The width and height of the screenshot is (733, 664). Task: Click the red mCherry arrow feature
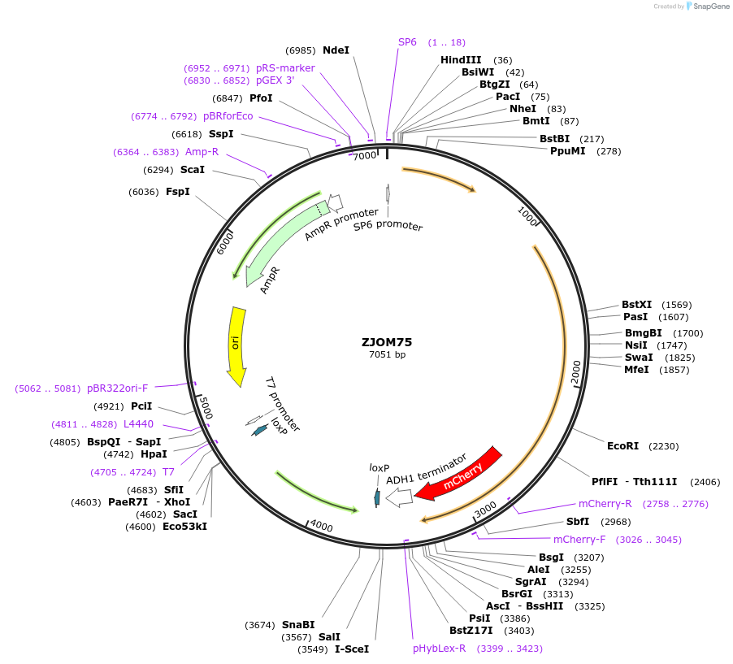pyautogui.click(x=460, y=473)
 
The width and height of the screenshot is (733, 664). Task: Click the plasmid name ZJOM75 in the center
pyautogui.click(x=388, y=341)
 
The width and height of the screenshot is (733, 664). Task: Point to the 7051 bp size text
pyautogui.click(x=387, y=354)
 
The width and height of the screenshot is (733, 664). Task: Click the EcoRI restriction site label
pyautogui.click(x=622, y=446)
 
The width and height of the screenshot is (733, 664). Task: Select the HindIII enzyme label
pyautogui.click(x=461, y=60)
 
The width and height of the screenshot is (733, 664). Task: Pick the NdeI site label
pyautogui.click(x=336, y=50)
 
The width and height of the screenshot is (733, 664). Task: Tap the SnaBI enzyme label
pyautogui.click(x=298, y=625)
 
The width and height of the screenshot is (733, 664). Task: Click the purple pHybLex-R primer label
pyautogui.click(x=439, y=649)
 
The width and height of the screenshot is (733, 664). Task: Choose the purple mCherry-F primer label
pyautogui.click(x=579, y=540)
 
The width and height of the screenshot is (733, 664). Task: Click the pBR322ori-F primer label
pyautogui.click(x=117, y=388)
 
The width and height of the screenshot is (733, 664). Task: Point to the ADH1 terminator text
pyautogui.click(x=427, y=469)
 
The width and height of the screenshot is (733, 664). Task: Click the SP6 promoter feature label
pyautogui.click(x=388, y=225)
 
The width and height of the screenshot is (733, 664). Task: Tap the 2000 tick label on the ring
pyautogui.click(x=576, y=371)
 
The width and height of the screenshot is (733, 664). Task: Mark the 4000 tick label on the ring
pyautogui.click(x=322, y=526)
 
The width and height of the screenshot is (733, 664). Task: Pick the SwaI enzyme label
pyautogui.click(x=639, y=358)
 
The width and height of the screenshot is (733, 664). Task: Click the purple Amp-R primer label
pyautogui.click(x=202, y=152)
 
